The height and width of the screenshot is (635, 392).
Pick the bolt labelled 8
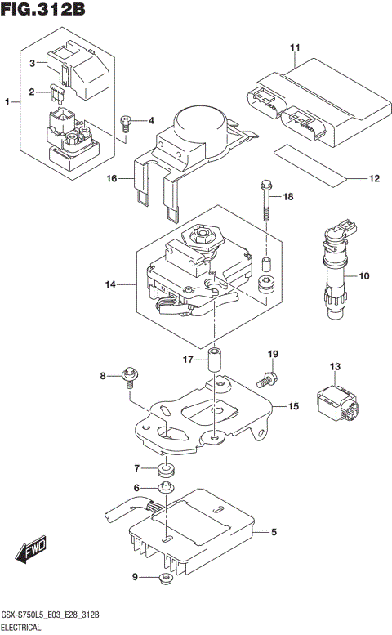129,378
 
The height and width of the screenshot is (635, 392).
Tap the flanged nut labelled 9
166,579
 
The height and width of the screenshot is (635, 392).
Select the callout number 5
274,533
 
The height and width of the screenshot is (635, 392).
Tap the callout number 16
112,177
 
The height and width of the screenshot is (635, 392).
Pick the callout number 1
7,102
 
